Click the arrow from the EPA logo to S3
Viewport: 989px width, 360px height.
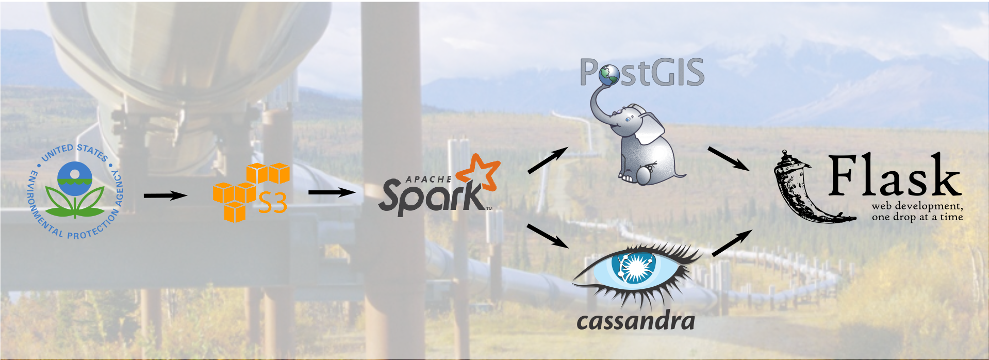pyautogui.click(x=164, y=195)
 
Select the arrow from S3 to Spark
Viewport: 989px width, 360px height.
pyautogui.click(x=332, y=192)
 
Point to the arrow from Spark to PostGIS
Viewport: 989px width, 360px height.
pyautogui.click(x=547, y=160)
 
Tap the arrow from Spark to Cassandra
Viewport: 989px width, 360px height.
pyautogui.click(x=547, y=236)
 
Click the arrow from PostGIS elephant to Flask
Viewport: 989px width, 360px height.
pyautogui.click(x=728, y=158)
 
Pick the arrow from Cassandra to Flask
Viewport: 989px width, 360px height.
pyautogui.click(x=732, y=242)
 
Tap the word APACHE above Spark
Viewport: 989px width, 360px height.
pyautogui.click(x=428, y=179)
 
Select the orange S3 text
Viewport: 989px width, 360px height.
pyautogui.click(x=272, y=203)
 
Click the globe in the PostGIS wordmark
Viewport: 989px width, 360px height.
pyautogui.click(x=609, y=75)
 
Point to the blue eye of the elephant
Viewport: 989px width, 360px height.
pyautogui.click(x=628, y=119)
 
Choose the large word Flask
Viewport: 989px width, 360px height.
pyautogui.click(x=894, y=176)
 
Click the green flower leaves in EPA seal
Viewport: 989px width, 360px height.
pyautogui.click(x=75, y=203)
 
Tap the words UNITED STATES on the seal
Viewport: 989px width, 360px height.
pyautogui.click(x=76, y=151)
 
